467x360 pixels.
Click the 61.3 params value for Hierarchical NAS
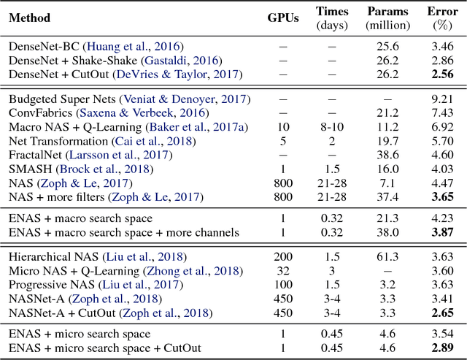(x=387, y=256)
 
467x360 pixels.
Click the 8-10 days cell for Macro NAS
(x=331, y=126)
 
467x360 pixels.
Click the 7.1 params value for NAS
(x=387, y=183)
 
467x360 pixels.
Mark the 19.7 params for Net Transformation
(x=387, y=140)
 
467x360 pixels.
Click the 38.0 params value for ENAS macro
(x=387, y=233)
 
